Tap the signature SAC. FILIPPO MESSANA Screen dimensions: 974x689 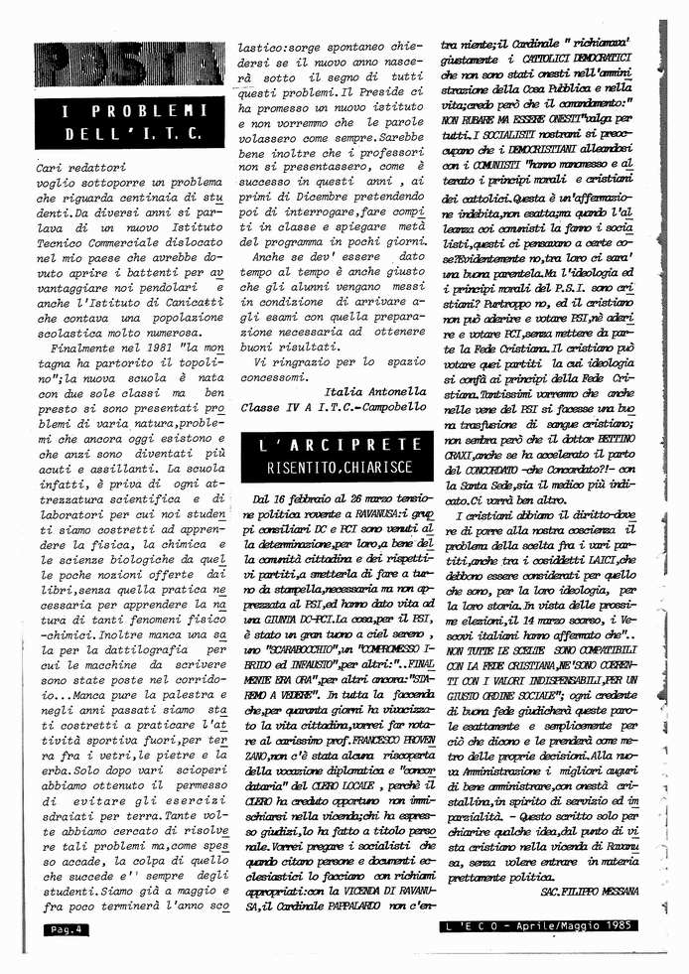593,893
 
